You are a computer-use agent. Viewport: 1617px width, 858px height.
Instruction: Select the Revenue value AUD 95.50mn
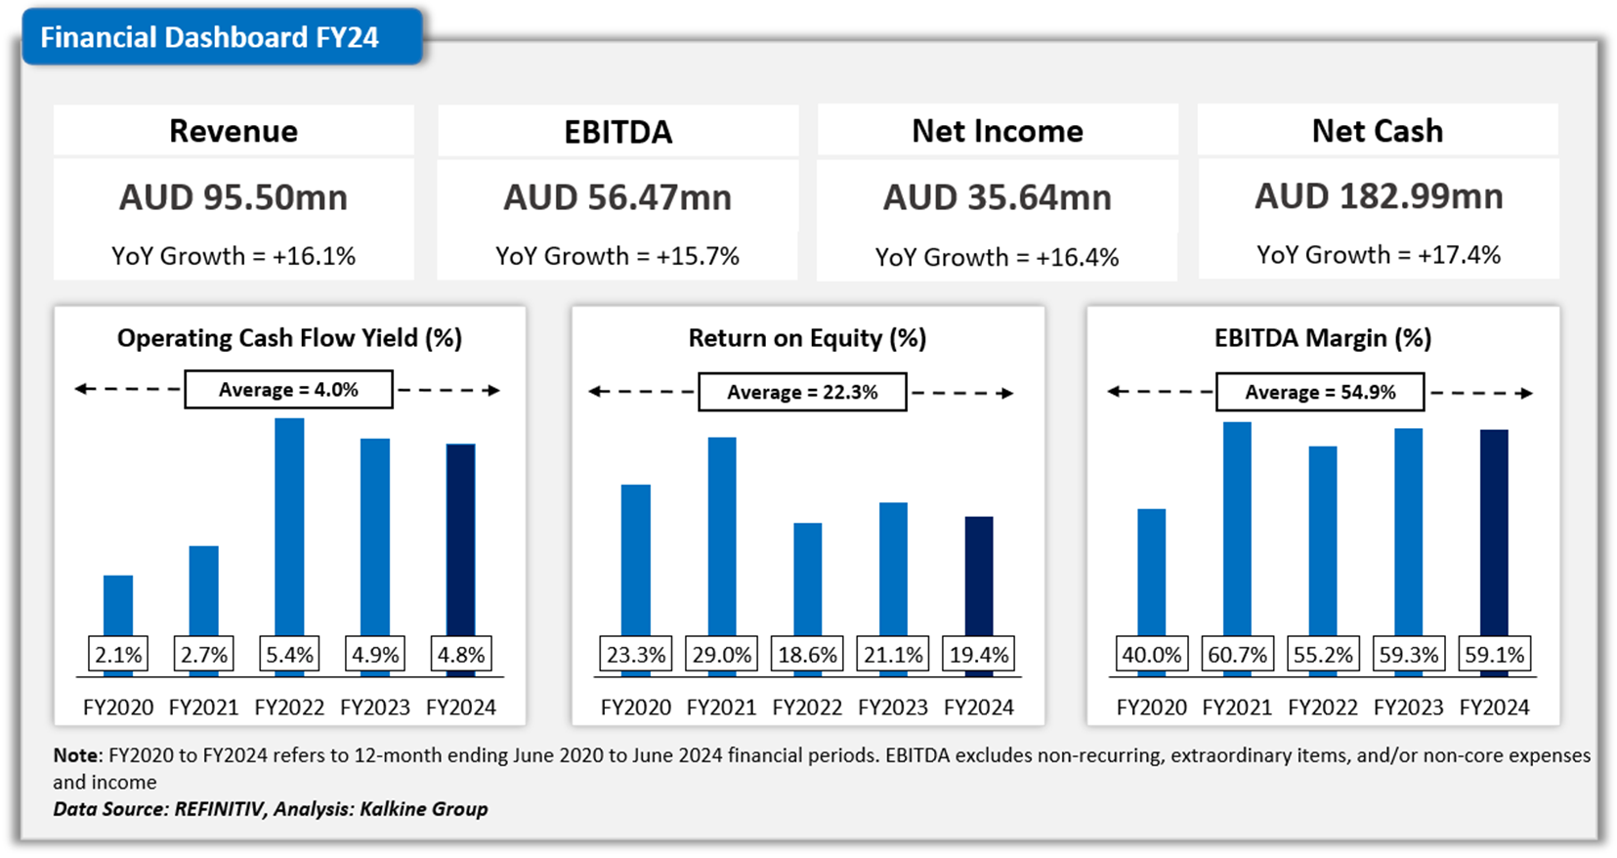[x=234, y=197]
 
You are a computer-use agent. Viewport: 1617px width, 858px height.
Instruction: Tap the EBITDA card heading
[x=617, y=132]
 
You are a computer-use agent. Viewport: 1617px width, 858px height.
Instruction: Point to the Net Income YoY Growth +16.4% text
[x=997, y=257]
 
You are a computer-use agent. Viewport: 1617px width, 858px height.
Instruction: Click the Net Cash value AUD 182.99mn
[x=1378, y=196]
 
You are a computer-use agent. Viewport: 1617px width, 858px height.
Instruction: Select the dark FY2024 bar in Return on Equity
[x=979, y=575]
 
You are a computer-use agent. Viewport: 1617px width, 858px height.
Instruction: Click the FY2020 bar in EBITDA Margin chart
[x=1152, y=571]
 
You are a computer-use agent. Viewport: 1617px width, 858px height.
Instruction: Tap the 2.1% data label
[x=118, y=655]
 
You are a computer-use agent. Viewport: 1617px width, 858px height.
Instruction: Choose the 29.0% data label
[x=722, y=655]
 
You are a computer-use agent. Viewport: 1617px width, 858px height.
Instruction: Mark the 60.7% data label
[x=1237, y=655]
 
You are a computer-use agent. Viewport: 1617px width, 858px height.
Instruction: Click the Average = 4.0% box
[x=288, y=390]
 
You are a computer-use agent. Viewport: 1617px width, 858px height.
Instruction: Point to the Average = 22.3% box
[x=802, y=392]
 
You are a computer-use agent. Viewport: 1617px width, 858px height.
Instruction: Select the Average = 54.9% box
[x=1320, y=392]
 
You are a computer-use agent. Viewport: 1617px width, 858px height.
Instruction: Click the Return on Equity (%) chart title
[x=807, y=338]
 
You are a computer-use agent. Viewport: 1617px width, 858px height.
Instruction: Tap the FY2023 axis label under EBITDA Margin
[x=1408, y=708]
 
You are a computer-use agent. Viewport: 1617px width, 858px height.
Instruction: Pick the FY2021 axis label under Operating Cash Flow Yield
[x=203, y=708]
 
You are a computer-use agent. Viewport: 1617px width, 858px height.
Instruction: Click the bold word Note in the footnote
[x=76, y=755]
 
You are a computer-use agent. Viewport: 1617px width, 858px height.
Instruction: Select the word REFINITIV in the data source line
[x=220, y=809]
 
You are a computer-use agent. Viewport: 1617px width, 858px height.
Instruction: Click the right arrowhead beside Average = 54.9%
[x=1525, y=393]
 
